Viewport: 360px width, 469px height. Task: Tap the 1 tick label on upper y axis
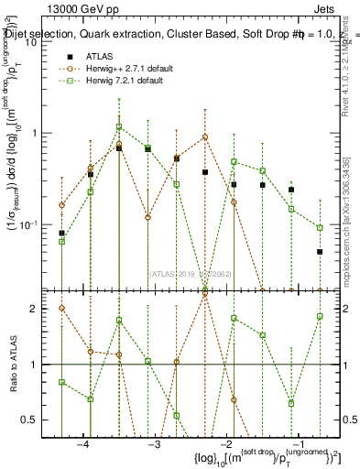coord(35,133)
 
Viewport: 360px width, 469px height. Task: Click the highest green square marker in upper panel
coord(119,127)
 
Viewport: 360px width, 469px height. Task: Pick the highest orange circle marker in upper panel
coord(205,137)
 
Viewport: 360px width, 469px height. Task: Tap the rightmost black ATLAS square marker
coord(320,251)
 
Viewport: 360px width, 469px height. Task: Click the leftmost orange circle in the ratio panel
coord(61,308)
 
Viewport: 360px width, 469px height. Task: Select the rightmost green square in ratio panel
coord(320,316)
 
